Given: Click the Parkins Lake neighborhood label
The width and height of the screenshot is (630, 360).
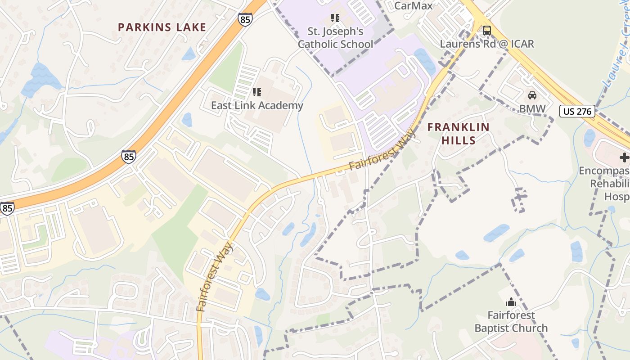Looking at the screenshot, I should pyautogui.click(x=162, y=27).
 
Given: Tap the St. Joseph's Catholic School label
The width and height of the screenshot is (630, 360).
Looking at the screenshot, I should pyautogui.click(x=335, y=38).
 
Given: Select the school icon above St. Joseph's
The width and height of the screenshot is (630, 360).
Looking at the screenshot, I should pyautogui.click(x=335, y=18).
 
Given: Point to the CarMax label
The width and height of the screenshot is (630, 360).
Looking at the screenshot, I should pyautogui.click(x=413, y=5).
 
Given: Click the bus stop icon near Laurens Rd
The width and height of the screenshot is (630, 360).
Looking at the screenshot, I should pyautogui.click(x=486, y=31).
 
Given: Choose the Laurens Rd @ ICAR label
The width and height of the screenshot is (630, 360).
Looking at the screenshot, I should pyautogui.click(x=487, y=44).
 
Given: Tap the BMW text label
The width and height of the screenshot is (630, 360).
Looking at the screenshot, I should pyautogui.click(x=532, y=108).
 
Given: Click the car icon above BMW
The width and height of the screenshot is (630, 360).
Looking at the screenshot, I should pyautogui.click(x=532, y=95).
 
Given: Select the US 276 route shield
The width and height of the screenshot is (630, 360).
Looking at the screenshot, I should pyautogui.click(x=577, y=111).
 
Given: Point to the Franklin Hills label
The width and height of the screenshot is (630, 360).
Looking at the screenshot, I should pyautogui.click(x=458, y=134).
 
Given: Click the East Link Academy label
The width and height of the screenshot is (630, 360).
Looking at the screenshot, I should pyautogui.click(x=257, y=105).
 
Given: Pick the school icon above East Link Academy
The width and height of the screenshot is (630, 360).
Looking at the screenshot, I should pyautogui.click(x=257, y=92).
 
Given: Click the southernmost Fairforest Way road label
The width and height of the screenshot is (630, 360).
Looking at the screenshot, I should pyautogui.click(x=215, y=277).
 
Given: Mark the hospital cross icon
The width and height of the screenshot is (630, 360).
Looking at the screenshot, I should pyautogui.click(x=624, y=157).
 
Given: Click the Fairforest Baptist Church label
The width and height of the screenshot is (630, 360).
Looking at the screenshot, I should pyautogui.click(x=511, y=321).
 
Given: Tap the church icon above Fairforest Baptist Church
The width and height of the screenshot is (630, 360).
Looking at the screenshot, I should pyautogui.click(x=511, y=301).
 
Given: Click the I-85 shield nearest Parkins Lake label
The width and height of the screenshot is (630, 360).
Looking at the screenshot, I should pyautogui.click(x=245, y=19).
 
